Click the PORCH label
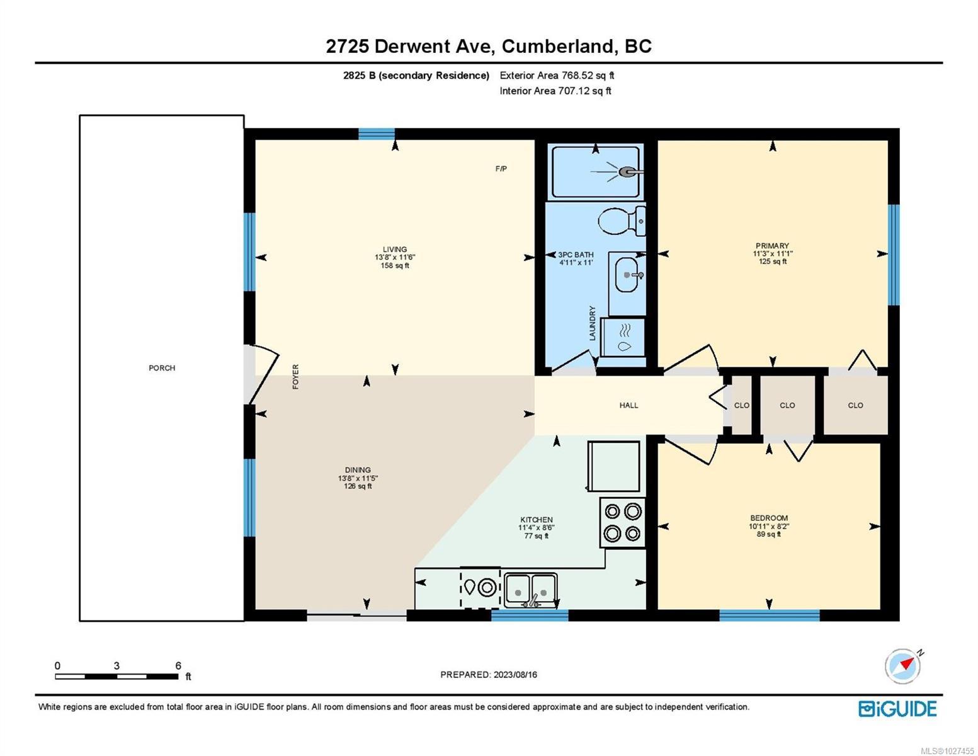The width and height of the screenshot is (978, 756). click(162, 368)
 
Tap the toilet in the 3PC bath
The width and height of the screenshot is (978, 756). click(622, 221)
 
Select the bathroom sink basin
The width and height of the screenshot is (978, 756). click(627, 275)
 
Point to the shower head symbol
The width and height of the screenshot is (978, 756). click(627, 171)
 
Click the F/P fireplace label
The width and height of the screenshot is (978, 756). click(501, 169)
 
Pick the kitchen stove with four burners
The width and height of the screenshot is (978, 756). click(622, 522)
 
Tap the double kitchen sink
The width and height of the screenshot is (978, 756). click(531, 590)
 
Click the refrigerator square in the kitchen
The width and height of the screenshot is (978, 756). click(613, 466)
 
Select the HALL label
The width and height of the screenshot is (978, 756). click(628, 405)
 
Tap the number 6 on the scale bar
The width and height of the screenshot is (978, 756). click(178, 665)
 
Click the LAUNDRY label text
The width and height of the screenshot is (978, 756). click(593, 323)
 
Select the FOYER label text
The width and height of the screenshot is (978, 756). click(295, 377)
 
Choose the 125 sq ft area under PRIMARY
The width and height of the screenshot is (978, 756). click(772, 261)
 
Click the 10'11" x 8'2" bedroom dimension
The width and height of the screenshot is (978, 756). click(769, 526)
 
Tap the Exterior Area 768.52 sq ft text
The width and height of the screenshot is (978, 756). click(557, 76)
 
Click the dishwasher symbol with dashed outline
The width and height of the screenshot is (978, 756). click(480, 587)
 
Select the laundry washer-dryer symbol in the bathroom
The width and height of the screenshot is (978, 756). click(623, 338)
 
